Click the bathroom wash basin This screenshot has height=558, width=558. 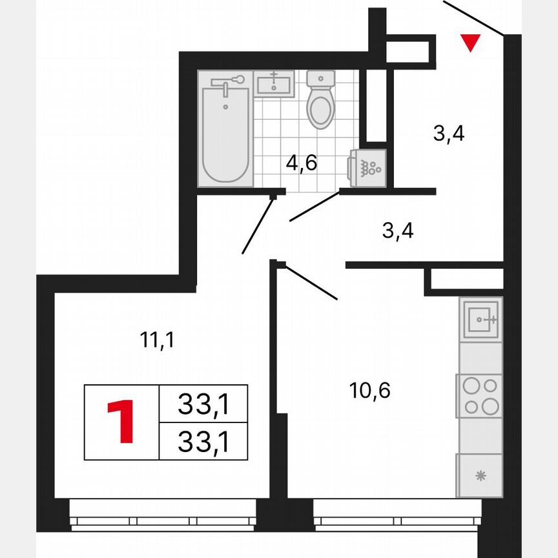point(274,83)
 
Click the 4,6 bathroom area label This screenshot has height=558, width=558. point(302,163)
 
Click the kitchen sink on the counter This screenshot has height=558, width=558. point(480,318)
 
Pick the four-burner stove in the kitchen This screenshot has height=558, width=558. point(480,395)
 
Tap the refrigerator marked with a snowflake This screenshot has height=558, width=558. point(479,477)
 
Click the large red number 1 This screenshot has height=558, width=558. point(121,422)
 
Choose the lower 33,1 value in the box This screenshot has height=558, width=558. point(203,442)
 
